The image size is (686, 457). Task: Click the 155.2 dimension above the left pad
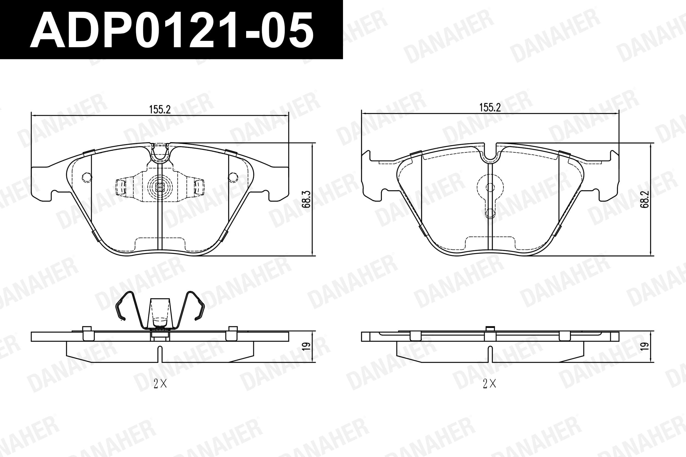pos(159,110)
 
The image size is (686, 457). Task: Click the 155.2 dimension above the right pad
pos(490,108)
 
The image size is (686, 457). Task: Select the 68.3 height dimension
pos(306,199)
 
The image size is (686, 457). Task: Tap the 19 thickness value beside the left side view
pos(306,346)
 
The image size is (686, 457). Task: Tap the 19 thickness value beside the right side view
pos(645,346)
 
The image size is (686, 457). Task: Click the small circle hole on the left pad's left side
pos(87,177)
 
